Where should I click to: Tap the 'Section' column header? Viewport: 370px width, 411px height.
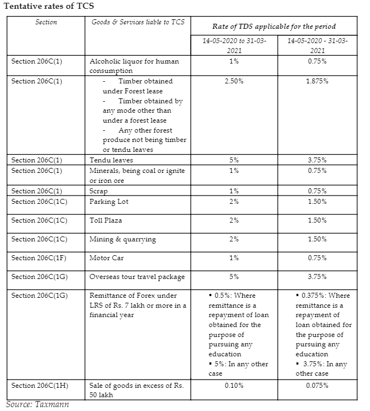tap(46, 22)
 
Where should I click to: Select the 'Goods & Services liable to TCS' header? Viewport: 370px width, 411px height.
tap(137, 22)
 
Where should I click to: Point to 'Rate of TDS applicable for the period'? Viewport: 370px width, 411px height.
tap(274, 27)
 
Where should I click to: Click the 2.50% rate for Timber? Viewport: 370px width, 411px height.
tap(234, 81)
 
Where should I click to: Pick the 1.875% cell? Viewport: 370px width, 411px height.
tap(317, 81)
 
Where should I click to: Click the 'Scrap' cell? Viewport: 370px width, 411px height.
tap(99, 191)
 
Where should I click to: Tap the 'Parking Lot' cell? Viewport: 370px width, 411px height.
tap(109, 202)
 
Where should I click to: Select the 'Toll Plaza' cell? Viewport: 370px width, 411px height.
tap(106, 220)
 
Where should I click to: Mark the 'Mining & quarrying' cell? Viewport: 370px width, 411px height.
tap(122, 239)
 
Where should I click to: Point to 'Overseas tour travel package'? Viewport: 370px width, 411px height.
tap(137, 277)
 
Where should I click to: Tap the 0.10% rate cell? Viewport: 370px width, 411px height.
tap(234, 385)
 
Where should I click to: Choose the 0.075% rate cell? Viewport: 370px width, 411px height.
tap(317, 385)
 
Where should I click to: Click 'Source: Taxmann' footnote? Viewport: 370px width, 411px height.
tap(37, 404)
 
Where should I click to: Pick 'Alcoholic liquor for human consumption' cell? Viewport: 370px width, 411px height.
tap(134, 66)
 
